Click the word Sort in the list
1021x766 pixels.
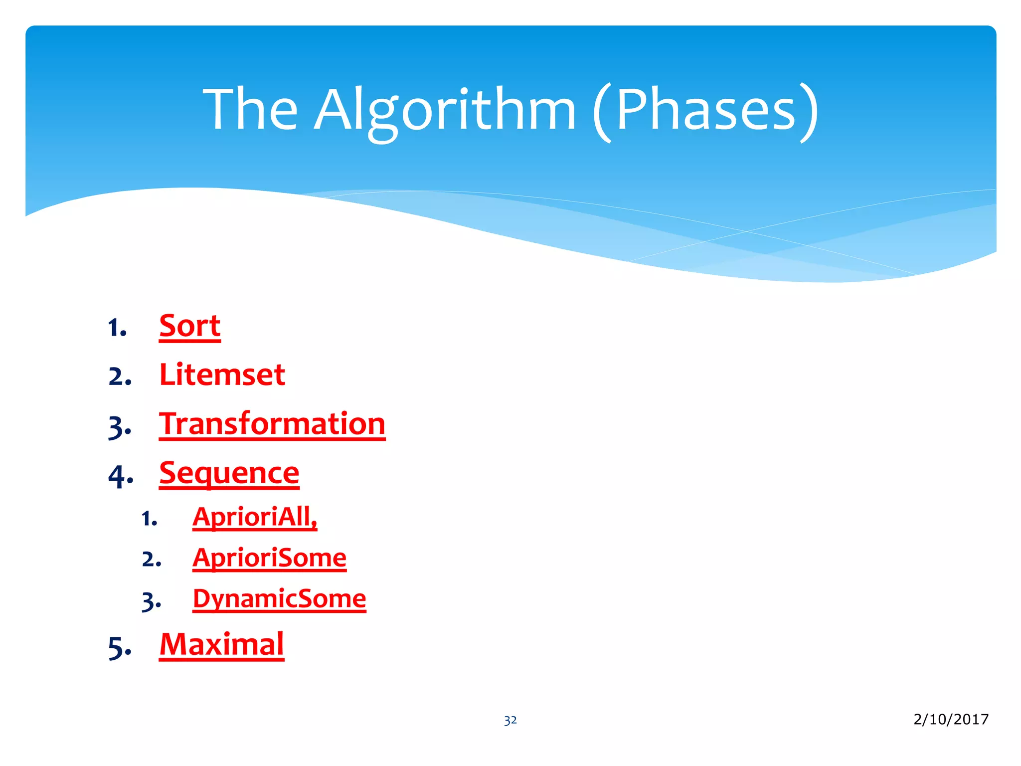pos(189,327)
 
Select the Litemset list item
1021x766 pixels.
pos(222,375)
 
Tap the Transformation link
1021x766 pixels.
pos(272,424)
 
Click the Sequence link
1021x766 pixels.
pos(229,473)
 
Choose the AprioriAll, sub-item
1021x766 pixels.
pos(255,517)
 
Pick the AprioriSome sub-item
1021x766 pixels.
pos(269,558)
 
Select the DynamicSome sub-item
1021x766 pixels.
pos(279,599)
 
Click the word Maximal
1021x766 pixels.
pos(221,645)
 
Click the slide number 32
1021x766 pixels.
pos(510,721)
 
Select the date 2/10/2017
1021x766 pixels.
pos(951,719)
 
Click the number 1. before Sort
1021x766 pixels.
pos(118,329)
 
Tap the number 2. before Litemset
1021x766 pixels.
pos(120,377)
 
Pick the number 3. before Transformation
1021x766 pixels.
pos(120,428)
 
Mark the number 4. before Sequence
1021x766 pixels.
pos(121,476)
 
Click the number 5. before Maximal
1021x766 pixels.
pos(120,648)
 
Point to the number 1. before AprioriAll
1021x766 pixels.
pos(150,519)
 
